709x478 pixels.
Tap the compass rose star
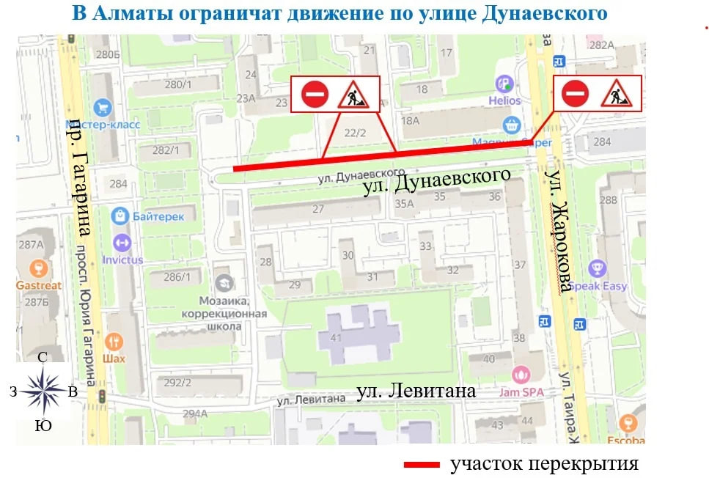pyautogui.click(x=43, y=390)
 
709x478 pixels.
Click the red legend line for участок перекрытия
pyautogui.click(x=421, y=465)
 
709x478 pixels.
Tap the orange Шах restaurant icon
pyautogui.click(x=114, y=342)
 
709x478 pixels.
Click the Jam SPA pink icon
pyautogui.click(x=521, y=375)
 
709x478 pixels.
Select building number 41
pyautogui.click(x=337, y=338)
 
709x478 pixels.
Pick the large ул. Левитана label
pyautogui.click(x=416, y=391)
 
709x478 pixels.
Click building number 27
pyautogui.click(x=317, y=209)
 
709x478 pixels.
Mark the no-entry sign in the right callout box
pyautogui.click(x=576, y=93)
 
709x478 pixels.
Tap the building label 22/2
pyautogui.click(x=355, y=133)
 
